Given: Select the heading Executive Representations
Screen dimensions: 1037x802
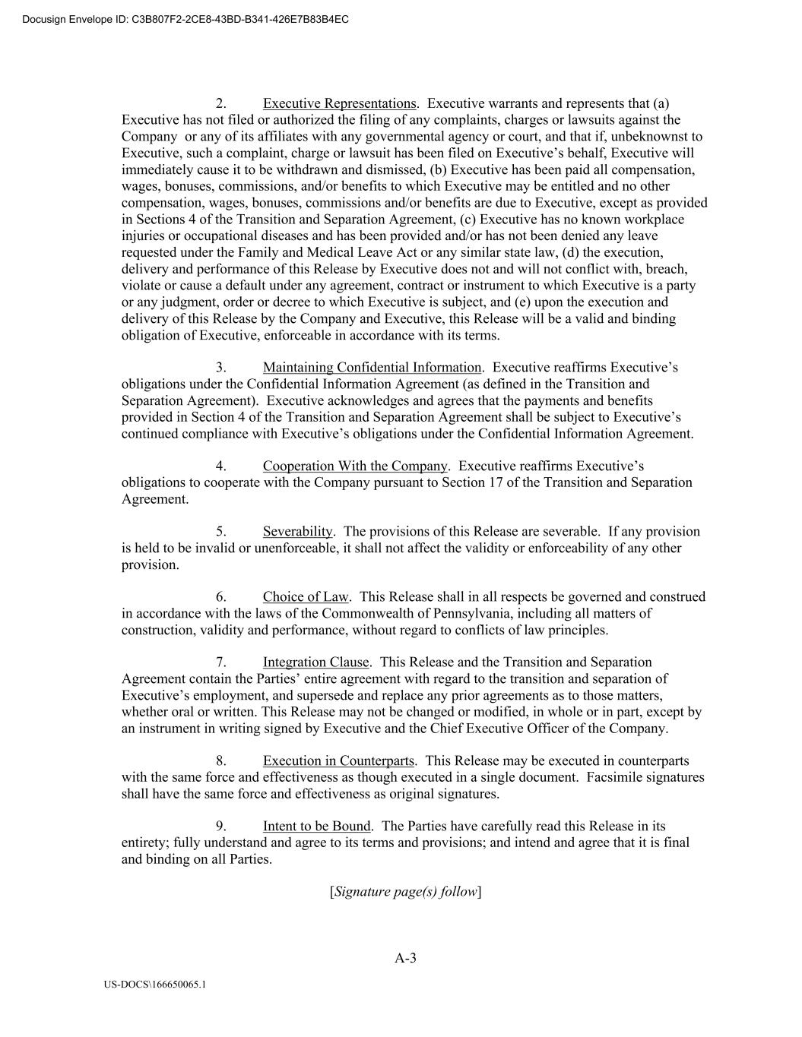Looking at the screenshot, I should tap(340, 103).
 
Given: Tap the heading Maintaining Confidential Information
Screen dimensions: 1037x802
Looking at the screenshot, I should tap(372, 368).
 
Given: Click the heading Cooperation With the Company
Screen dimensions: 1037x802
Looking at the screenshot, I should tap(354, 466).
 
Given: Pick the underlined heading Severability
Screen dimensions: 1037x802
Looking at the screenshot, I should tap(297, 531).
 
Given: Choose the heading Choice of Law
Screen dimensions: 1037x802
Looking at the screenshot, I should tap(305, 596).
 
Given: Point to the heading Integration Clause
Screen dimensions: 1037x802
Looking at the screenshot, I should tap(315, 662).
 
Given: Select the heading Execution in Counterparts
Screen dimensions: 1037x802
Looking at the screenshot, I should tap(338, 760).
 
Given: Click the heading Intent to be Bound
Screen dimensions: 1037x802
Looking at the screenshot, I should tap(316, 826).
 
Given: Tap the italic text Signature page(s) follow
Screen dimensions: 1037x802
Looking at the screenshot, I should tap(405, 891).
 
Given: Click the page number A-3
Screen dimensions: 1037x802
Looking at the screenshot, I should tap(405, 958).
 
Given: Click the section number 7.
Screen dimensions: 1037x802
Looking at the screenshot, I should tap(220, 662).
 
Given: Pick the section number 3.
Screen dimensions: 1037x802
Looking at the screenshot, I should tap(220, 368).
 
